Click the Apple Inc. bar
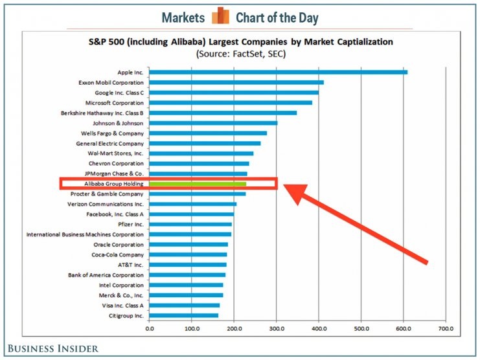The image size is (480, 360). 278,72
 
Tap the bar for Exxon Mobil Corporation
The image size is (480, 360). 236,82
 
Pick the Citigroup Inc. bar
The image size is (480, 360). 183,315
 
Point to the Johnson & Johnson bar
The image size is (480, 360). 213,123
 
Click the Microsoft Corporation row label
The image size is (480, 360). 115,102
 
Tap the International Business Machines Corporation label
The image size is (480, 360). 85,234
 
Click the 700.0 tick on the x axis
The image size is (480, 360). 446,330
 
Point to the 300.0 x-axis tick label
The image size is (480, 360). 277,330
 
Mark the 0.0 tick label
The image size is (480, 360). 150,330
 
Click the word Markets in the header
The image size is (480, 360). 183,17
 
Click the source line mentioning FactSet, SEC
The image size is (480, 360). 241,54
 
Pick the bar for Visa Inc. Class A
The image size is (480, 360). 184,305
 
